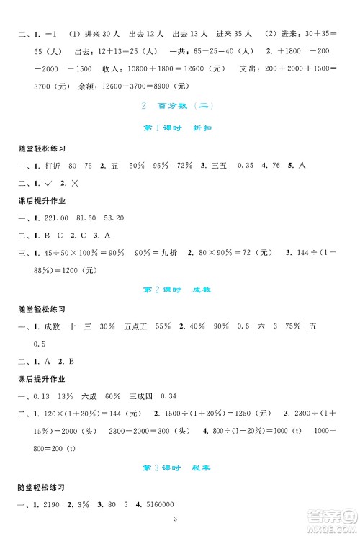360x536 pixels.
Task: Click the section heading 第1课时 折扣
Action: (x=179, y=128)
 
